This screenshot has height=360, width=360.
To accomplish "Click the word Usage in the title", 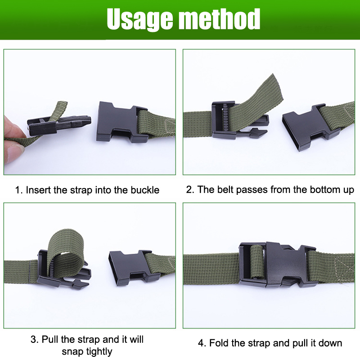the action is pos(139,20).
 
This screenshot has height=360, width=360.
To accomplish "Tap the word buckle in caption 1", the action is pos(145,190).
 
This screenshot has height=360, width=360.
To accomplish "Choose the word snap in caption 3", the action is pos(72,352).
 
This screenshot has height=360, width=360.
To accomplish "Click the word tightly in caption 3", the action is pos(99,352).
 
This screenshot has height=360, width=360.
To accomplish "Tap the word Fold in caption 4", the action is pos(219,343).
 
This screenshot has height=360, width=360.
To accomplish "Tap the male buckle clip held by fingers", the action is pos(59,125).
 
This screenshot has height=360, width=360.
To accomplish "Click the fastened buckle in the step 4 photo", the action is pos(277,265).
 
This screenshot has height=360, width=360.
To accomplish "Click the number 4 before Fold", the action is pos(201,343).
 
